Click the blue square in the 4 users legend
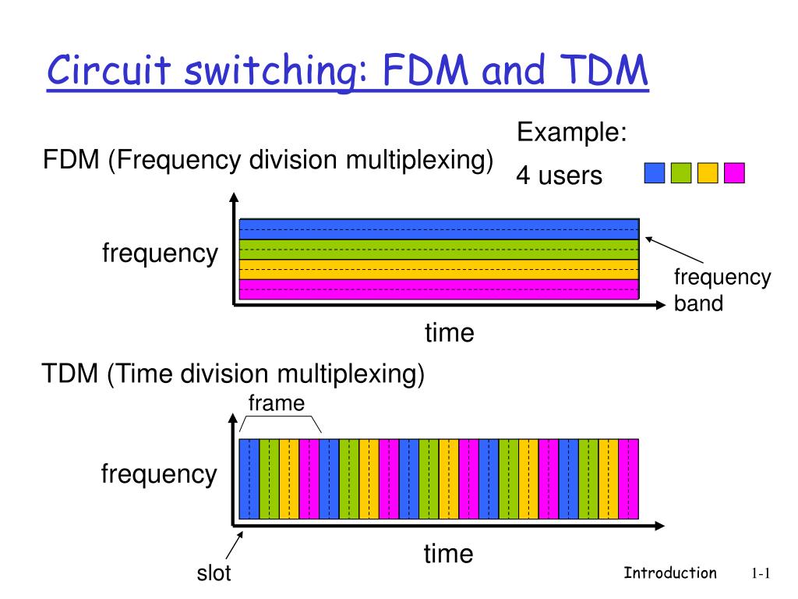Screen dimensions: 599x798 click(x=655, y=172)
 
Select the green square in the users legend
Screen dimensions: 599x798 click(x=681, y=172)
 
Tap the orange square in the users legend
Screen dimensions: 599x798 click(x=708, y=172)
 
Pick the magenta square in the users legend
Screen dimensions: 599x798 click(x=734, y=172)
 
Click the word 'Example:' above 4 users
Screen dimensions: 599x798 click(x=572, y=133)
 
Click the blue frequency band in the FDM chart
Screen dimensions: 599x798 click(x=438, y=229)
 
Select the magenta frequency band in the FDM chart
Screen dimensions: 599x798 click(x=438, y=289)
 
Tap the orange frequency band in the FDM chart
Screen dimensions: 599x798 click(x=438, y=269)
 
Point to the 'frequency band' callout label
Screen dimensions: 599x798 click(x=722, y=289)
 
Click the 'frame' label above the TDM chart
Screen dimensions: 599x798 click(x=276, y=402)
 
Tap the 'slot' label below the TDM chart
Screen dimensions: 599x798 click(x=214, y=574)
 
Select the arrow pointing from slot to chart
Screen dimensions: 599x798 click(x=236, y=546)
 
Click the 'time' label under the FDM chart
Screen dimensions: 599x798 click(x=449, y=333)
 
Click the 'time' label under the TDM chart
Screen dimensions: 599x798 click(x=448, y=555)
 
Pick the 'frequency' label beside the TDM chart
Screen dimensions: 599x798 click(x=159, y=473)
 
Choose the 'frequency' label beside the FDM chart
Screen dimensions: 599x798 click(x=160, y=253)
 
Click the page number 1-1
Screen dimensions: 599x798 click(x=761, y=574)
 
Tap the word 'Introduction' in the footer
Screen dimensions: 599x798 click(x=670, y=573)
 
